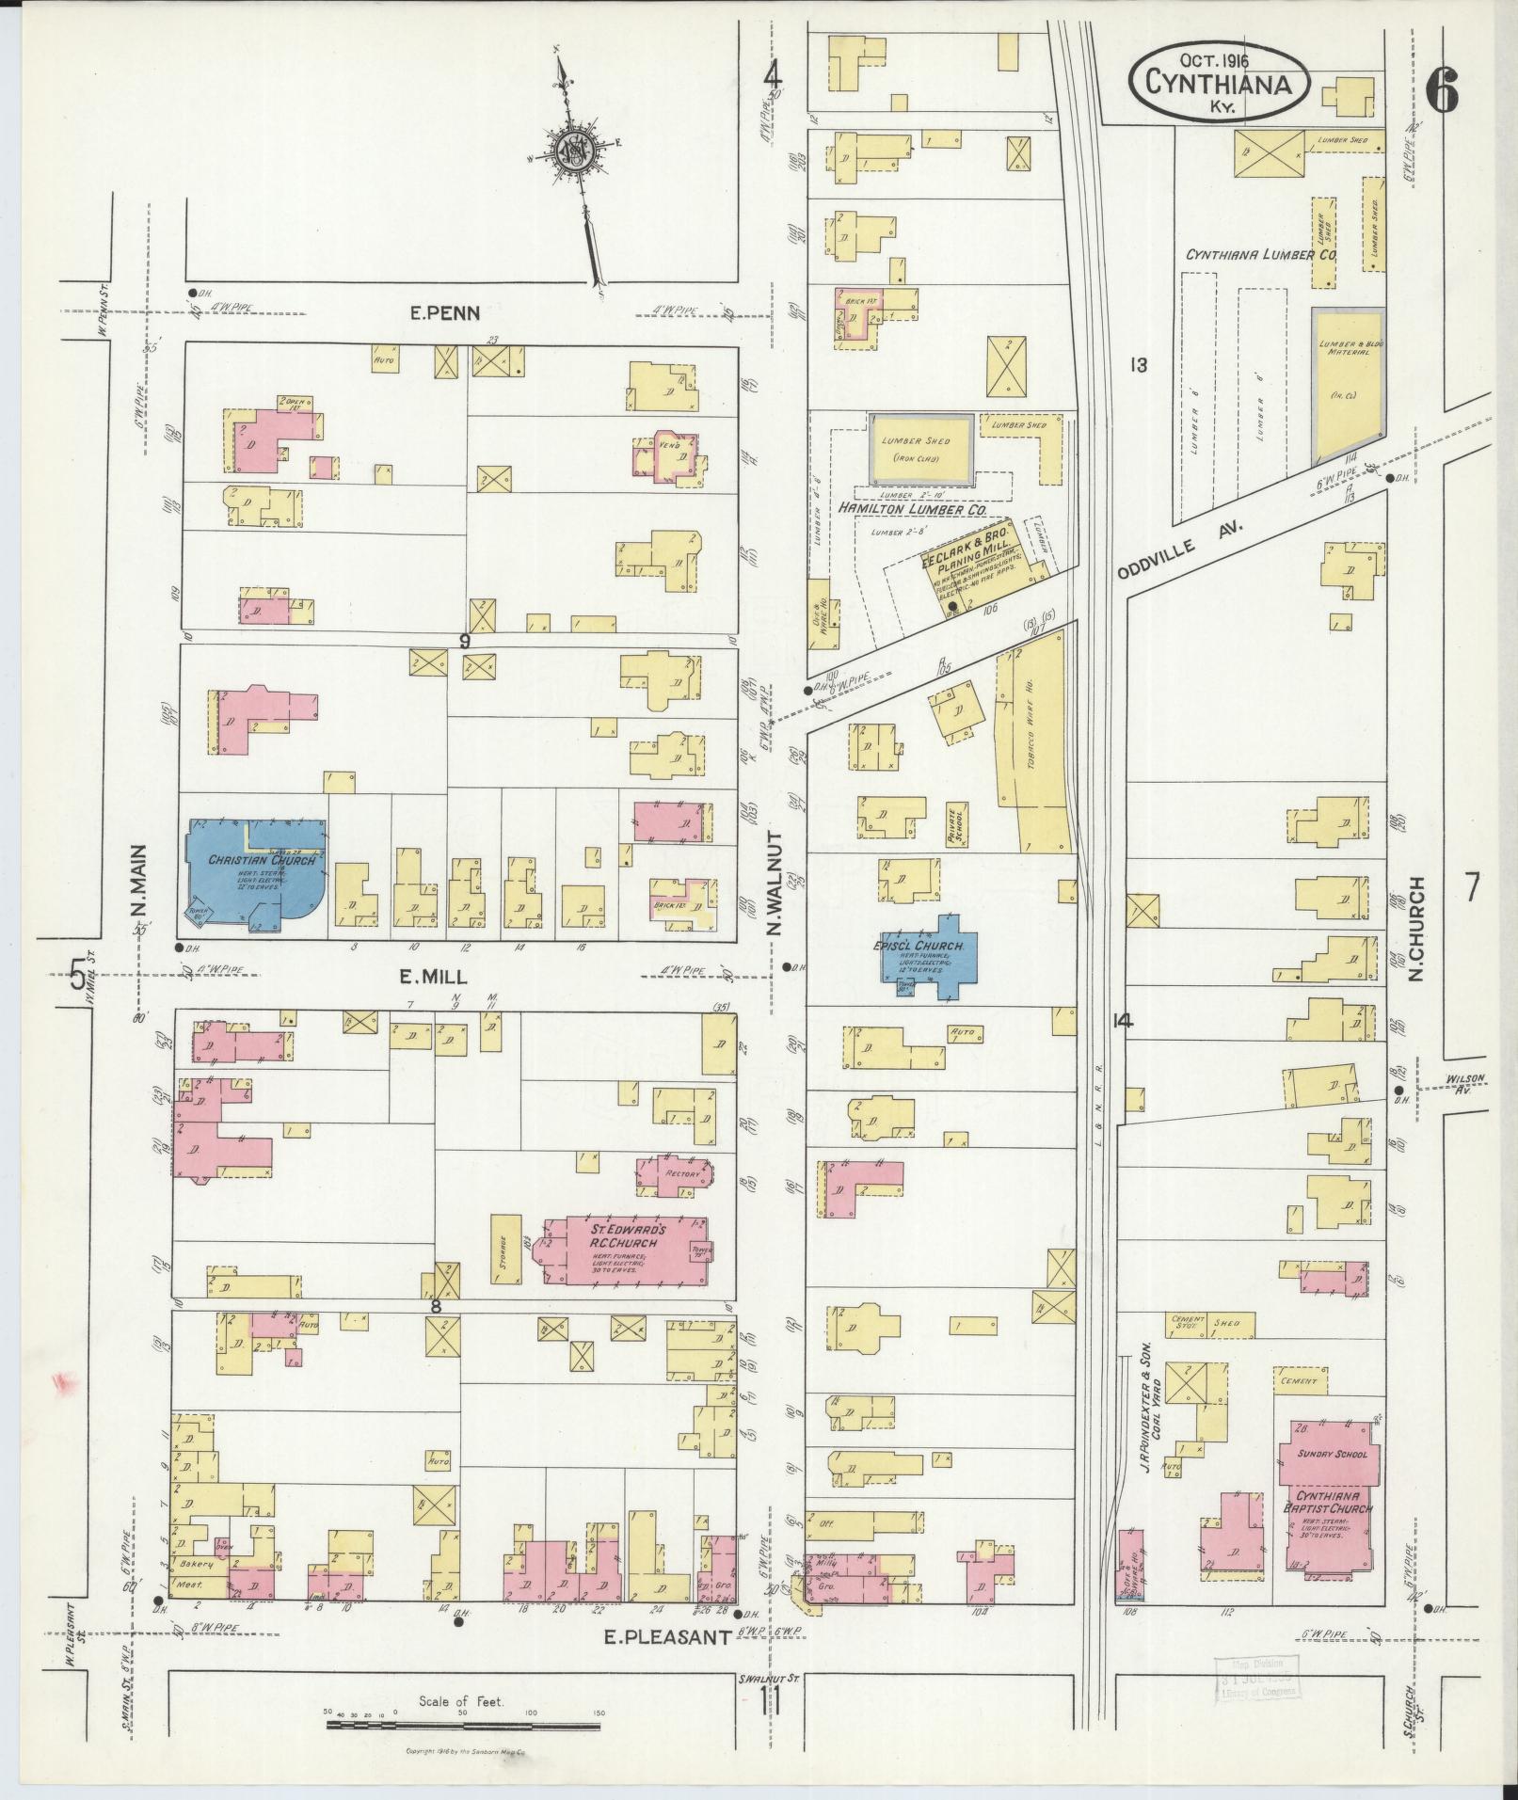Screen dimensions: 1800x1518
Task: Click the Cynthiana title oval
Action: click(1219, 83)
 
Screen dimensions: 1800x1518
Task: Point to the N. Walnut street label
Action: click(775, 883)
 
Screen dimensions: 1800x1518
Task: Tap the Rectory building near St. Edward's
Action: click(677, 1176)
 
